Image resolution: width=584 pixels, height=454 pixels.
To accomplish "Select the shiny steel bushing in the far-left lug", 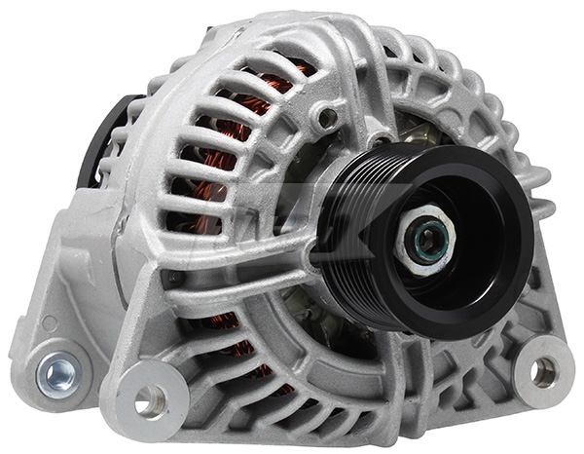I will coord(57,369).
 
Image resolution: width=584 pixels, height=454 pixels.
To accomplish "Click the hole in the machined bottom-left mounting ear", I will coord(151,398).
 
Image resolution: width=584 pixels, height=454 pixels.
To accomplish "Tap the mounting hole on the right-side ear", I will coord(543,370).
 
